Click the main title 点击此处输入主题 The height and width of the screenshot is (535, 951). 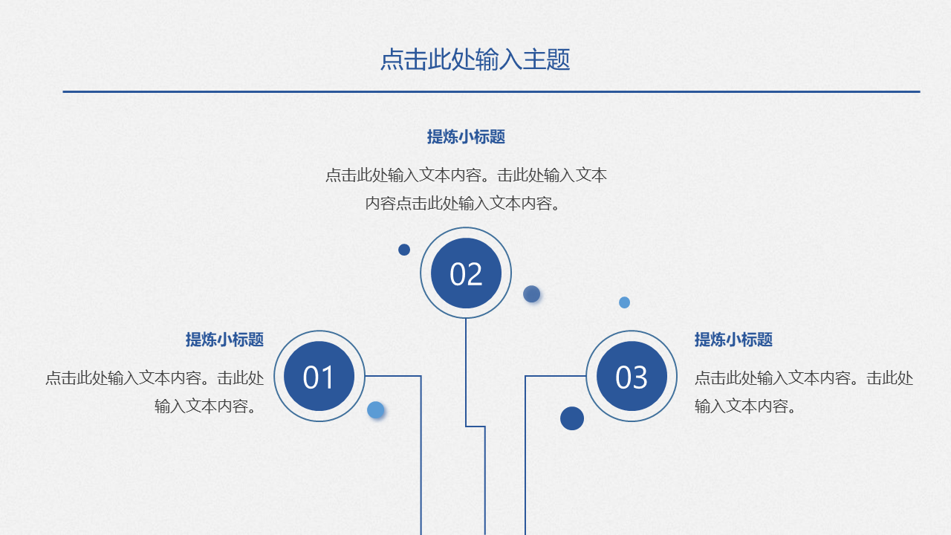(x=475, y=59)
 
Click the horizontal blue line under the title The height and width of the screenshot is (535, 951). (x=491, y=91)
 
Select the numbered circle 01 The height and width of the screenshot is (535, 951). (x=319, y=376)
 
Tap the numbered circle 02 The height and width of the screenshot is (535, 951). (x=466, y=273)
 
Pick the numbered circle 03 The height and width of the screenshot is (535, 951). (x=632, y=376)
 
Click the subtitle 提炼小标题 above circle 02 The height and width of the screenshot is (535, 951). (x=466, y=137)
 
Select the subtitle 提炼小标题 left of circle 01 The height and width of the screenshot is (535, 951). (x=224, y=340)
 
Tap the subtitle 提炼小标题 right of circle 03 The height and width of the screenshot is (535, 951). (x=733, y=340)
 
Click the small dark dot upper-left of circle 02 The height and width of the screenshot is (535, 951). (x=404, y=250)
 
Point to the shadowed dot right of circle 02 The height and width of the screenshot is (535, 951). (x=531, y=294)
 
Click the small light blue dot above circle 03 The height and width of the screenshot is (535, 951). (x=624, y=302)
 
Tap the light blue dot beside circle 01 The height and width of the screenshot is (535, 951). (x=376, y=410)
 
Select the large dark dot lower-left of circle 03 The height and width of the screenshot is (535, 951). (x=572, y=418)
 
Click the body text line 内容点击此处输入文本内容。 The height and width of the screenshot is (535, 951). (x=462, y=204)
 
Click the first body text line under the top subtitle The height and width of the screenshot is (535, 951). (x=466, y=175)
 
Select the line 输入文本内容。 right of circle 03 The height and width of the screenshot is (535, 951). (x=744, y=406)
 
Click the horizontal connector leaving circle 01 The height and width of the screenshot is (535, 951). (x=393, y=376)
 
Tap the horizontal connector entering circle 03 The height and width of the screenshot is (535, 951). (x=556, y=376)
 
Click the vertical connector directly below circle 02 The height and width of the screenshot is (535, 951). (x=466, y=372)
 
